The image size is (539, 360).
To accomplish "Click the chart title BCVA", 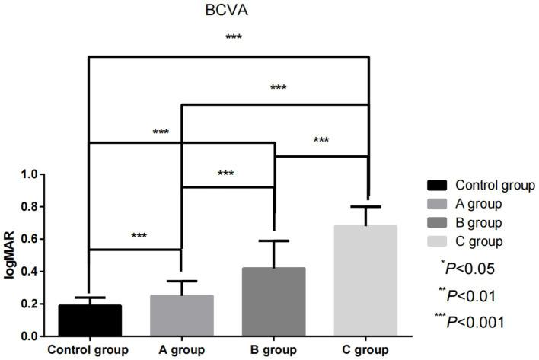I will [228, 12].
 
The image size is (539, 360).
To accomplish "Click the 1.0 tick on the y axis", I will [29, 174].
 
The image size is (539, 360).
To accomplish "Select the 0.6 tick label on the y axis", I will [29, 239].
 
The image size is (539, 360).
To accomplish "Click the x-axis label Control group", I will [90, 350].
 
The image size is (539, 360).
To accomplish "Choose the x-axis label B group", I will [275, 350].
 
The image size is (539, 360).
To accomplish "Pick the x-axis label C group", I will [368, 350].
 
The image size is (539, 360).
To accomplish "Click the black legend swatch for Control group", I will [437, 185].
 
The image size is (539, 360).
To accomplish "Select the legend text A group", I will [479, 204].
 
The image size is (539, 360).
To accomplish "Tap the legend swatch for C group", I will [437, 242].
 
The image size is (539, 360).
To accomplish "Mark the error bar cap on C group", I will [368, 206].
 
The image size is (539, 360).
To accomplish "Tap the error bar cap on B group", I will [275, 241].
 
